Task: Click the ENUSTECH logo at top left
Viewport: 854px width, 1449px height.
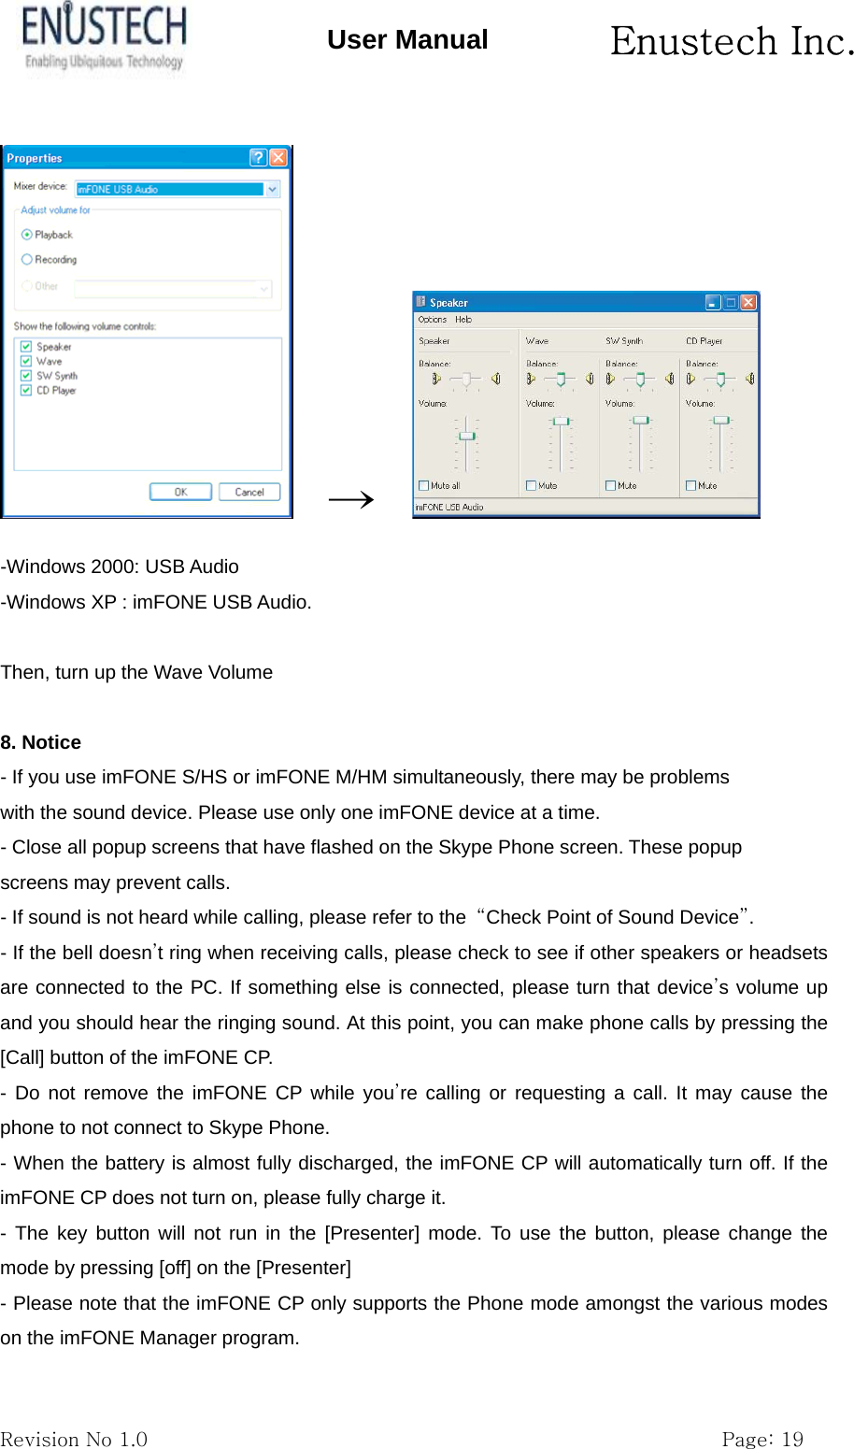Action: [103, 37]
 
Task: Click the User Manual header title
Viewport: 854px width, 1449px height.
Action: [407, 40]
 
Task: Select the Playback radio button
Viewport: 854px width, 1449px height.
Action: [27, 235]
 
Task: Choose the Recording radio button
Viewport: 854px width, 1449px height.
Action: [27, 260]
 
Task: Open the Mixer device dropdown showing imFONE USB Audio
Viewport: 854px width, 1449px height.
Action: [272, 190]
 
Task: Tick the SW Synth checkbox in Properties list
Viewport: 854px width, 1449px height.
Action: [26, 376]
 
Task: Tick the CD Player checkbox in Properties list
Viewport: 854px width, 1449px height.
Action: [26, 391]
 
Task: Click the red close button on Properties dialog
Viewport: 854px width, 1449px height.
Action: [278, 158]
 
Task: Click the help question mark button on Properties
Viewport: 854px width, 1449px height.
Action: [258, 158]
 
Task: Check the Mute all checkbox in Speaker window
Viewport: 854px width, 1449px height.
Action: [424, 486]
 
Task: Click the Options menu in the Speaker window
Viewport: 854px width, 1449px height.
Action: [432, 320]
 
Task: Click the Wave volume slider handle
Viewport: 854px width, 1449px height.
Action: [561, 422]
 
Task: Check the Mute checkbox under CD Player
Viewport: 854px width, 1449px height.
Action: [691, 486]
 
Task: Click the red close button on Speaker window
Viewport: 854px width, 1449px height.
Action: [747, 302]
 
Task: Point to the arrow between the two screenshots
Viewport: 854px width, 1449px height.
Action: [351, 500]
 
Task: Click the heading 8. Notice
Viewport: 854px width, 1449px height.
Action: [41, 742]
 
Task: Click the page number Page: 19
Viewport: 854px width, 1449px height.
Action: [761, 1439]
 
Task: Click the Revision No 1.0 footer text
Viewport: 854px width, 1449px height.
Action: [74, 1439]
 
